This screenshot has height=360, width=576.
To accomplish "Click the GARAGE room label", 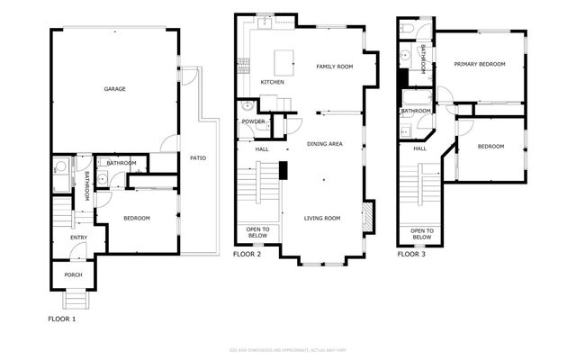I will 114,89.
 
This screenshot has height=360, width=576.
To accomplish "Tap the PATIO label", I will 198,158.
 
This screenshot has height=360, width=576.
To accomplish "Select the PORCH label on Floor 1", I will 72,275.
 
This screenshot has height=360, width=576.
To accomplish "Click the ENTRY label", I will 79,238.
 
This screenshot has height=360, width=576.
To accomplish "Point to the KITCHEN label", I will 273,82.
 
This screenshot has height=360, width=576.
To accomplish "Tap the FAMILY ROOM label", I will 335,67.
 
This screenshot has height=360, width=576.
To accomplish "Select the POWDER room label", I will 253,121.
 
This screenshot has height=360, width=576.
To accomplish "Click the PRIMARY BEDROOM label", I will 480,64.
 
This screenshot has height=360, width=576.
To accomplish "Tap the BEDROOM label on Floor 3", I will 490,146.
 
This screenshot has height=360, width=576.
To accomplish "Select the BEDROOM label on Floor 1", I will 137,219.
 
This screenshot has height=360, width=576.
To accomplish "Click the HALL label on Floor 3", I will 419,148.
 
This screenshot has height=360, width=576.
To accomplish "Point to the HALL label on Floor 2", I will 262,149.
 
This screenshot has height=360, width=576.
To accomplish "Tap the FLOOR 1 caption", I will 62,319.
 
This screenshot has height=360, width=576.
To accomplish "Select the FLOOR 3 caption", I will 413,255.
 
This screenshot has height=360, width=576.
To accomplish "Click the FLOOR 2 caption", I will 247,255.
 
